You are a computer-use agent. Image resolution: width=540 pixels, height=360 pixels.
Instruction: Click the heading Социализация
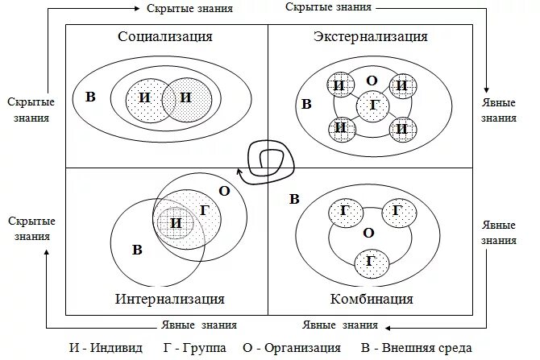point(165,36)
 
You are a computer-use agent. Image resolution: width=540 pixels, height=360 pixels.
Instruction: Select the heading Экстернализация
point(370,36)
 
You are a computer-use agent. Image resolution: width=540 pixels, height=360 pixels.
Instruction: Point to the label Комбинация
point(372,300)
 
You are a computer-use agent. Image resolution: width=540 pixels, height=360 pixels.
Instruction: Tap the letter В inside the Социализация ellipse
point(90,97)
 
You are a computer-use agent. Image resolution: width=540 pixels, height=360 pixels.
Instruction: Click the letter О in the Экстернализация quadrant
point(372,81)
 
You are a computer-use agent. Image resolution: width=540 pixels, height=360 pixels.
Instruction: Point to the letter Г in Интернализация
point(204,210)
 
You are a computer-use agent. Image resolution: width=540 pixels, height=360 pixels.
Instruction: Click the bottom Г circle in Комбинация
point(370,260)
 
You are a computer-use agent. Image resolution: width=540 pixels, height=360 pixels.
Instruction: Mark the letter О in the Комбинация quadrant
point(368,233)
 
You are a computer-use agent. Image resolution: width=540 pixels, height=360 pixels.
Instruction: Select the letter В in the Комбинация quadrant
point(294,198)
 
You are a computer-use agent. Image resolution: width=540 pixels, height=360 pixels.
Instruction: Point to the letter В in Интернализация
point(137,250)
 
